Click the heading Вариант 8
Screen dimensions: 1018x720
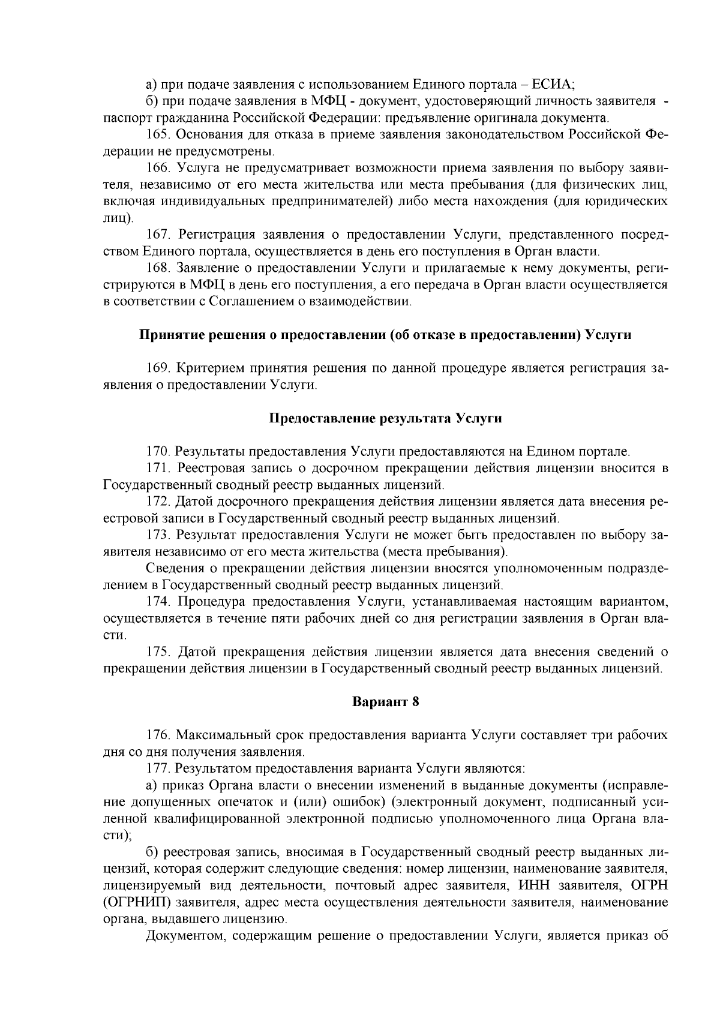coord(385,702)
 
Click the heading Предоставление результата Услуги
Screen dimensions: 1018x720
coord(385,418)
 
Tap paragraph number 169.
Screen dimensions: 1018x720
coord(159,368)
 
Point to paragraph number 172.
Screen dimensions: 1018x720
coord(159,501)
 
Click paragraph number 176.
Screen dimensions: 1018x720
coord(159,735)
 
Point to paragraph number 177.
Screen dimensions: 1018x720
coord(159,767)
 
